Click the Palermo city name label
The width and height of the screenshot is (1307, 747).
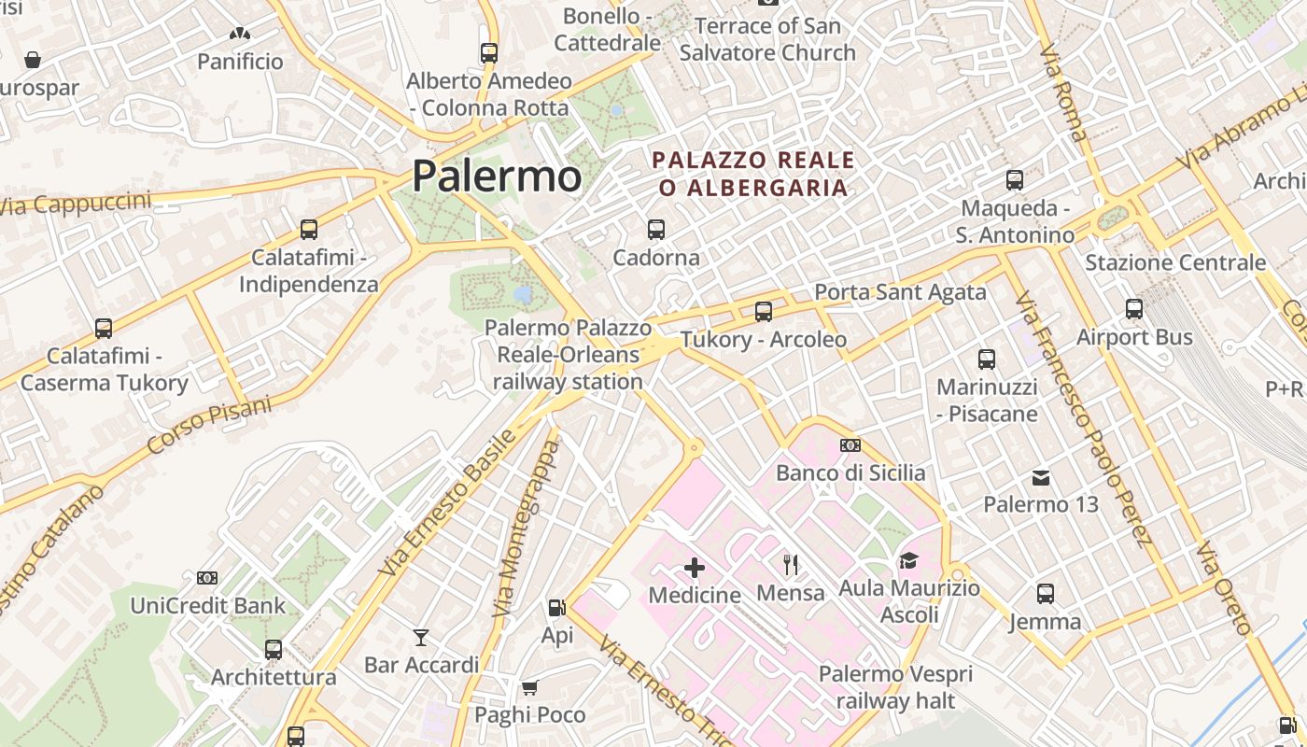pyautogui.click(x=497, y=176)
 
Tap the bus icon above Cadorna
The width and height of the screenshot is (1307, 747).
pyautogui.click(x=656, y=229)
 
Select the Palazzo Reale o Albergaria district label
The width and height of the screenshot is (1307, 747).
pyautogui.click(x=753, y=174)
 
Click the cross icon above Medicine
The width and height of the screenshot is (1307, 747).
pyautogui.click(x=695, y=567)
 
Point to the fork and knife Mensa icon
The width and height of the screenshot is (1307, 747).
pyautogui.click(x=791, y=563)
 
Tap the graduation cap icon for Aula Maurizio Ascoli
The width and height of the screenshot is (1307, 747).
pyautogui.click(x=908, y=560)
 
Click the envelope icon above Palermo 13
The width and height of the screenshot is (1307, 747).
pyautogui.click(x=1041, y=478)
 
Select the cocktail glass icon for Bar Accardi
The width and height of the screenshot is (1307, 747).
pyautogui.click(x=421, y=637)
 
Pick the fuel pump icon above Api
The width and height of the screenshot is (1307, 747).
pyautogui.click(x=557, y=608)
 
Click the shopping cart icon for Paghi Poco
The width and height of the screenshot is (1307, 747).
pyautogui.click(x=529, y=688)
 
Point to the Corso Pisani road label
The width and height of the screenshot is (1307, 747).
pyautogui.click(x=209, y=426)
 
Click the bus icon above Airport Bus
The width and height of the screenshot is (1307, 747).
pyautogui.click(x=1134, y=308)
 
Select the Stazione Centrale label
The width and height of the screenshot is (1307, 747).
pyautogui.click(x=1175, y=262)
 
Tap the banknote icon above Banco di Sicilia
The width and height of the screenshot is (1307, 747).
pyautogui.click(x=850, y=445)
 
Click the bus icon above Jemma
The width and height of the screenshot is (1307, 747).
pyautogui.click(x=1046, y=593)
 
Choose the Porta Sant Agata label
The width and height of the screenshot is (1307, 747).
pyautogui.click(x=900, y=292)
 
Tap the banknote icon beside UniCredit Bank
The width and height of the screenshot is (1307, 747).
pyautogui.click(x=207, y=578)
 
